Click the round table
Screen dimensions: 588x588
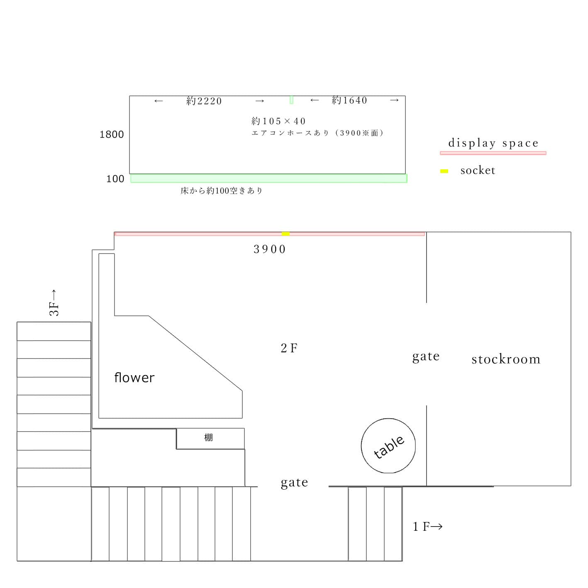pos(388,446)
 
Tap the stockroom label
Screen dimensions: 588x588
pos(506,359)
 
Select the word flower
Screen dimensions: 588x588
pos(134,378)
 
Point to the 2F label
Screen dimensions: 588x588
pos(289,348)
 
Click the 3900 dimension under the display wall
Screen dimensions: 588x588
pos(270,249)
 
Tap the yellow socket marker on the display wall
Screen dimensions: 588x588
pos(285,234)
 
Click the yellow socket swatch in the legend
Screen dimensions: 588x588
pos(444,171)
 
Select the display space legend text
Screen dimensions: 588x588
pos(493,143)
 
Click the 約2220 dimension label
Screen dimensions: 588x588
pos(204,101)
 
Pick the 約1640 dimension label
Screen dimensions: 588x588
pos(349,100)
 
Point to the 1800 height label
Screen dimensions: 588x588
pos(112,134)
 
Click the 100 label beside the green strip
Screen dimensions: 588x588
pos(115,179)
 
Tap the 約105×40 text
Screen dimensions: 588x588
pos(278,121)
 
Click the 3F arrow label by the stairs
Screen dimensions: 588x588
pos(54,303)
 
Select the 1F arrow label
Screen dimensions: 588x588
pos(427,527)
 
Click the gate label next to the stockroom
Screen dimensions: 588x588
pos(426,356)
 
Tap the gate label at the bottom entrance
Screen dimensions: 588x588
pos(294,483)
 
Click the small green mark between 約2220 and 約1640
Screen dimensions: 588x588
pos(291,100)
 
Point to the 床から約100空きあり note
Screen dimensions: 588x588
pos(222,191)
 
